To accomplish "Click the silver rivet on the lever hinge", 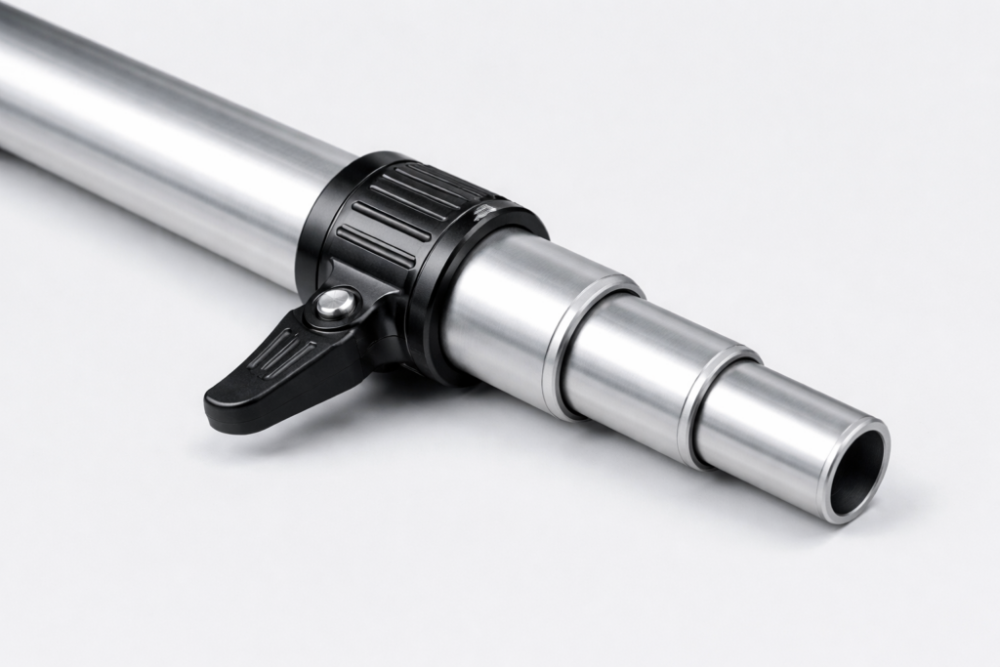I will point(336,305).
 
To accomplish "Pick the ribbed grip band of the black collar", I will point(400,215).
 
